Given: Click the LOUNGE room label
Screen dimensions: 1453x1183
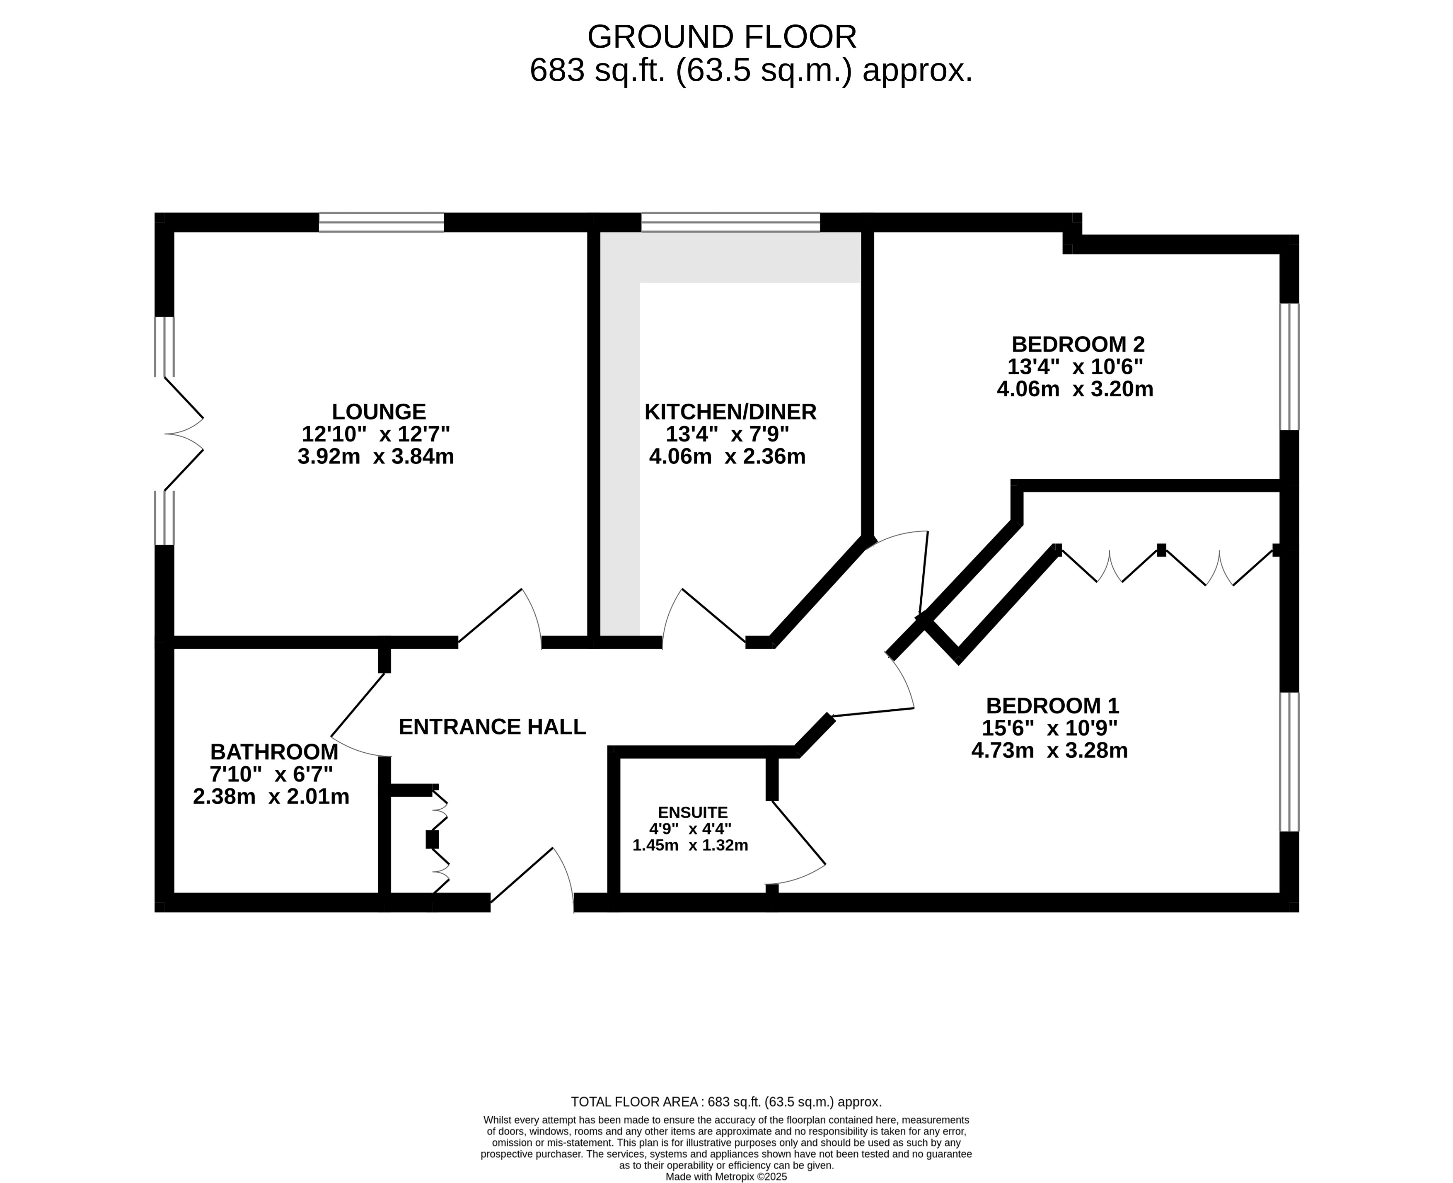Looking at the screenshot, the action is (x=379, y=412).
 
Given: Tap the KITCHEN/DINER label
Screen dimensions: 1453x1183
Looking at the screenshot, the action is (x=730, y=412).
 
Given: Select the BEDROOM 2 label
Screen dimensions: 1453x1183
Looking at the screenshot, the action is (x=1078, y=344).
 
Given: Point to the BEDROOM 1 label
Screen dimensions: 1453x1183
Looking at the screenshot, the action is (x=1052, y=705).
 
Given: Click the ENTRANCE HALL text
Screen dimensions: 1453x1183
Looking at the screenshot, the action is (x=492, y=727).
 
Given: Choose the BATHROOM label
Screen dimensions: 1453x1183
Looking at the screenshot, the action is (x=274, y=752).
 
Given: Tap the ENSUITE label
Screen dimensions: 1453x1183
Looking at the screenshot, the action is (x=693, y=812).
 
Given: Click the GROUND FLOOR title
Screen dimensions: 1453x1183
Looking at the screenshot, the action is (x=722, y=37).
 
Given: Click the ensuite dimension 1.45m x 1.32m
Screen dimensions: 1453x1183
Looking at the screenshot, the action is (x=690, y=846).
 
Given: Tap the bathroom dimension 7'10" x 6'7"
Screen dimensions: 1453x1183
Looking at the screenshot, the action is (x=271, y=774).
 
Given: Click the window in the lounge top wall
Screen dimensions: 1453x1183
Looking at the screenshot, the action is (x=382, y=222).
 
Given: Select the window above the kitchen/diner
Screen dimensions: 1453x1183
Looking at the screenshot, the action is (x=730, y=222).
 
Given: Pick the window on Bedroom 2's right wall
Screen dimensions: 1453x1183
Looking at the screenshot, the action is (x=1289, y=366).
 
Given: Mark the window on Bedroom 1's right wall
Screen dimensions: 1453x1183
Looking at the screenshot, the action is (x=1289, y=762).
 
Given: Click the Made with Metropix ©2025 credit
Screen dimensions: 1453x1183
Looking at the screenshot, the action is (x=726, y=1176).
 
